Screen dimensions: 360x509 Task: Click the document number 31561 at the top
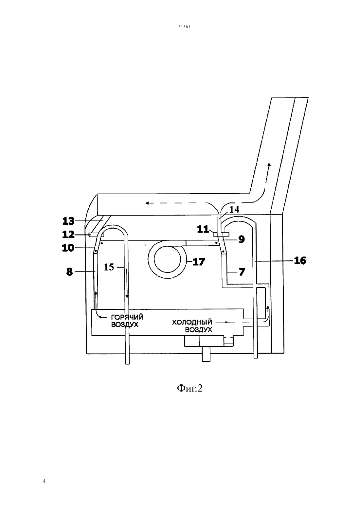pyautogui.click(x=184, y=27)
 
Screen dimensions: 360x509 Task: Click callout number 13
pyautogui.click(x=68, y=221)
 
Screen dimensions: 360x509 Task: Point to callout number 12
pyautogui.click(x=68, y=235)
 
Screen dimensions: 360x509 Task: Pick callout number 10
pyautogui.click(x=68, y=248)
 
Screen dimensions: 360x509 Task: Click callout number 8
pyautogui.click(x=69, y=272)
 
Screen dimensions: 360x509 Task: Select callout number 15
pyautogui.click(x=109, y=267)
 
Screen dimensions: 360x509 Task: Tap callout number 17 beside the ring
pyautogui.click(x=199, y=262)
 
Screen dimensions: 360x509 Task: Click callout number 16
pyautogui.click(x=300, y=261)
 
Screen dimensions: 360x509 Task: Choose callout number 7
pyautogui.click(x=242, y=272)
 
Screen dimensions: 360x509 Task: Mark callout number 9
pyautogui.click(x=242, y=239)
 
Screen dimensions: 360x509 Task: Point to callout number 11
pyautogui.click(x=203, y=229)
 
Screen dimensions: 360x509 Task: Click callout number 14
pyautogui.click(x=234, y=209)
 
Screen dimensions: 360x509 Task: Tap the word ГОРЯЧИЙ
pyautogui.click(x=127, y=317)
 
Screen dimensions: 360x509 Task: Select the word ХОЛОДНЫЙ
pyautogui.click(x=192, y=322)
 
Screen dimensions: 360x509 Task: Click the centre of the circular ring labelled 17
pyautogui.click(x=167, y=259)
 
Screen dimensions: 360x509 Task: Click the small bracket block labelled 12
pyautogui.click(x=96, y=235)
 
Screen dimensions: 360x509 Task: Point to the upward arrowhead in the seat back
pyautogui.click(x=269, y=165)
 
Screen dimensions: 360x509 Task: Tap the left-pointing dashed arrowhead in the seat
pyautogui.click(x=147, y=203)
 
